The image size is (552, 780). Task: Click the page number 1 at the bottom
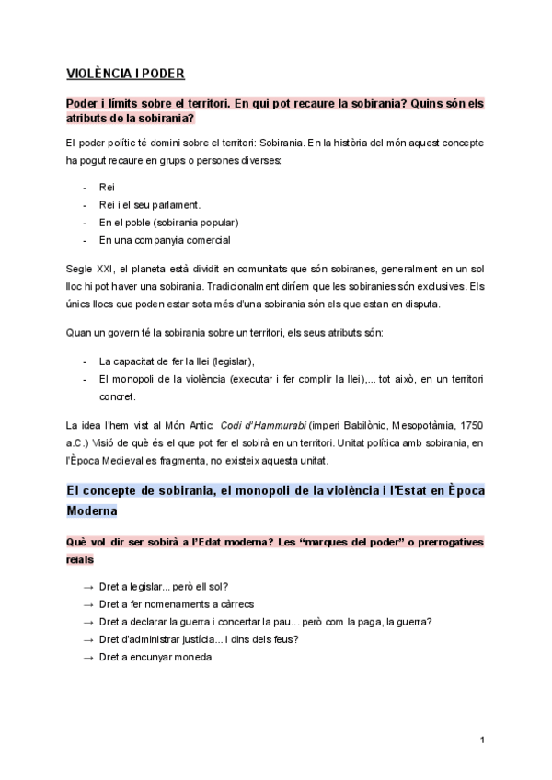tap(482, 741)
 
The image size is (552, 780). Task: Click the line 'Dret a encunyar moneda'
tap(155, 657)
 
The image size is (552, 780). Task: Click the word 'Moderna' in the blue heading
tap(91, 510)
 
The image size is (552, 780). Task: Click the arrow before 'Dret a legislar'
tap(87, 587)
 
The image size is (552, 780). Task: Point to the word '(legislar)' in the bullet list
tap(225, 361)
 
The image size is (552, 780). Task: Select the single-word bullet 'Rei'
tap(107, 187)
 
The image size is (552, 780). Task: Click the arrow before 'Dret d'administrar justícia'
tap(87, 639)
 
